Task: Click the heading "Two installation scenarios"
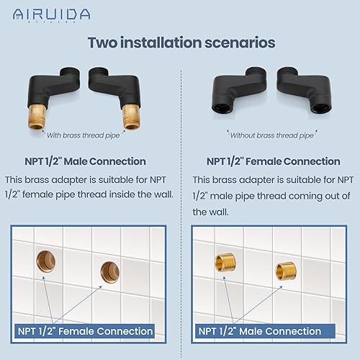point(180,42)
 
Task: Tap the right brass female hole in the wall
point(107,273)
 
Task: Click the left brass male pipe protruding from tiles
point(221,264)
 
